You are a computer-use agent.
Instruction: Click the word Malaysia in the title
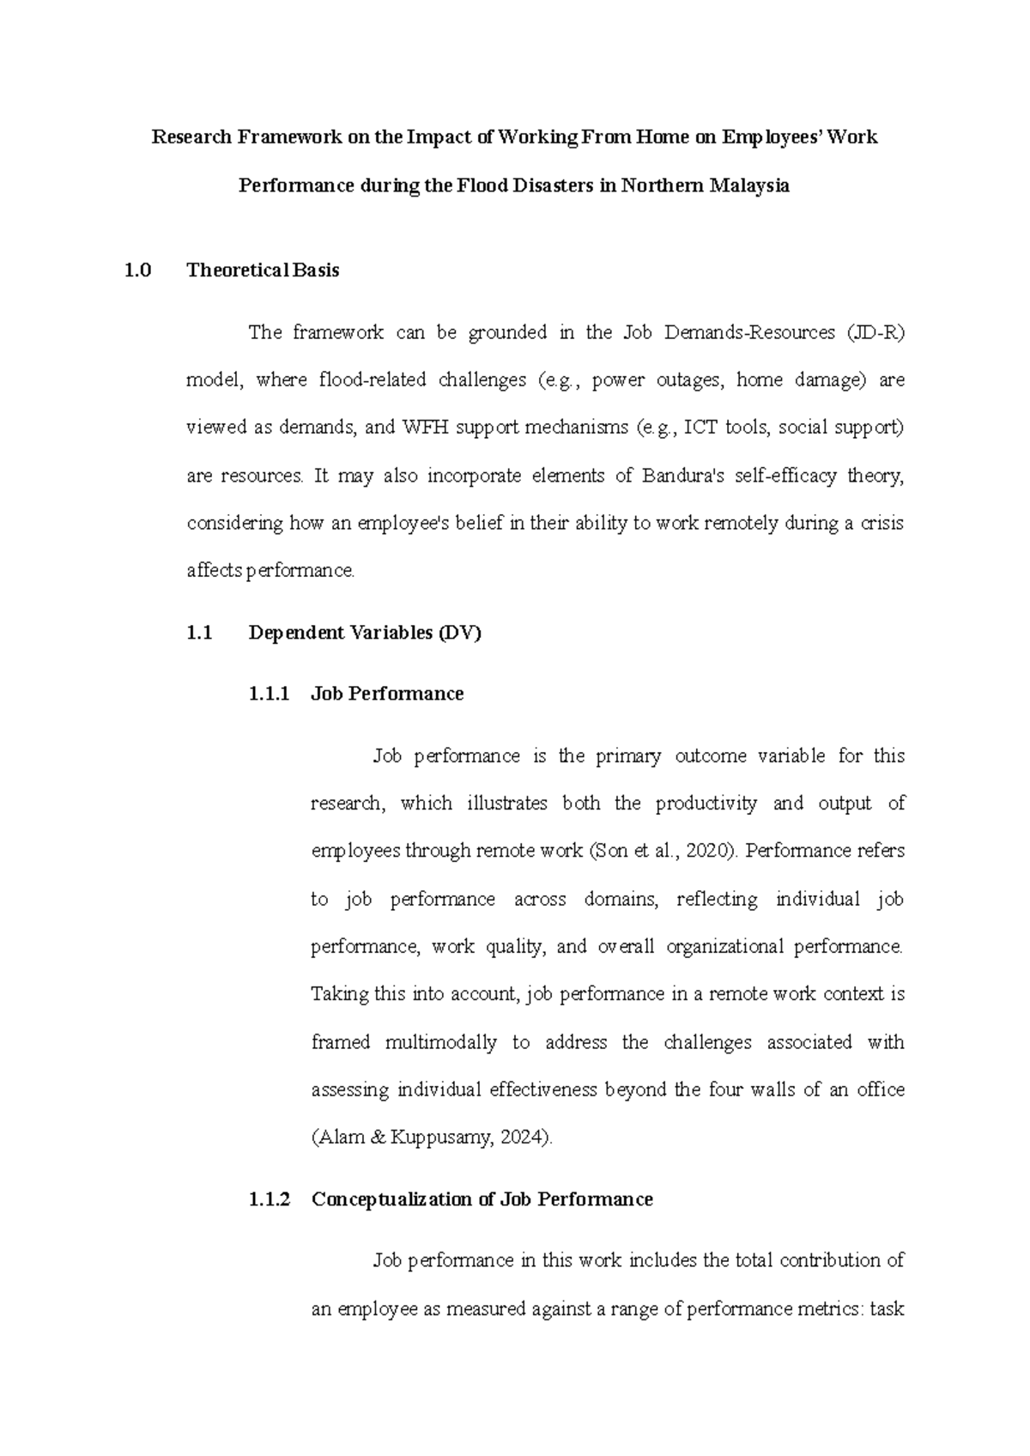tap(748, 185)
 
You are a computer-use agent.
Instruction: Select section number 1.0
tap(137, 270)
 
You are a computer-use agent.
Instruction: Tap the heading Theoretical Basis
tap(263, 270)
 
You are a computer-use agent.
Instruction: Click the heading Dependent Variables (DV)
tap(365, 634)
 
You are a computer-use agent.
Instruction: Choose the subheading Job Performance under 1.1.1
tap(387, 694)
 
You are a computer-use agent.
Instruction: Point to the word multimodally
tap(441, 1042)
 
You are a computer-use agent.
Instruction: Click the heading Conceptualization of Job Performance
tap(482, 1199)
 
